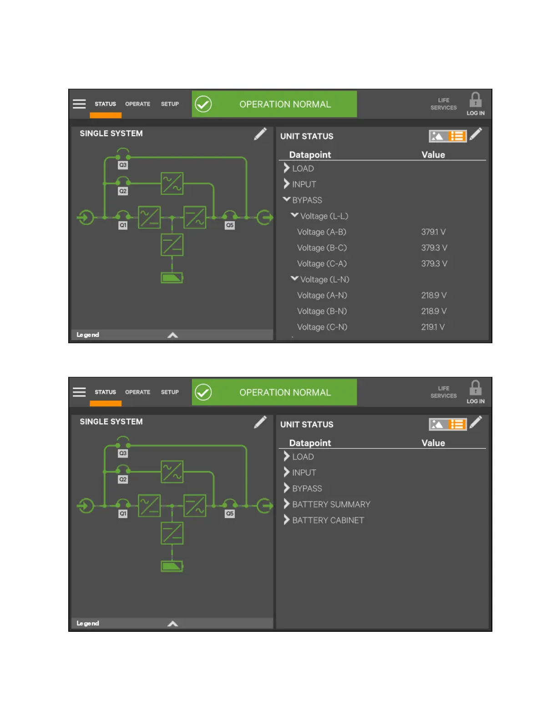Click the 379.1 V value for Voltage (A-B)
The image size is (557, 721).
click(433, 232)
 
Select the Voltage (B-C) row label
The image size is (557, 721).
click(322, 248)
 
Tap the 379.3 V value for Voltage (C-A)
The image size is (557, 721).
click(434, 264)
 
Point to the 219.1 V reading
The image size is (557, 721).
click(433, 327)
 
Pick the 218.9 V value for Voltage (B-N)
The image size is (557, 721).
click(434, 311)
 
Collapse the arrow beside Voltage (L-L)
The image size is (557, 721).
click(294, 215)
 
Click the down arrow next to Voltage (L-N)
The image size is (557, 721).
click(294, 279)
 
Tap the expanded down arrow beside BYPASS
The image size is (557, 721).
click(287, 199)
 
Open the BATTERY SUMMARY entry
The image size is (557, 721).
click(331, 504)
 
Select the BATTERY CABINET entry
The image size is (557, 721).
click(328, 520)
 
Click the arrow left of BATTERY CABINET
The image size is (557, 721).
click(287, 520)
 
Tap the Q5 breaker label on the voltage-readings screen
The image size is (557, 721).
click(230, 225)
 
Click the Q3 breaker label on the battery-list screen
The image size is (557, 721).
click(123, 453)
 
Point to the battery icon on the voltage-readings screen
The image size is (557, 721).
click(172, 278)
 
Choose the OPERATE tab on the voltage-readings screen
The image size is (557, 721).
click(137, 104)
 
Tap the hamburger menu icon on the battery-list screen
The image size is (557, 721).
click(79, 392)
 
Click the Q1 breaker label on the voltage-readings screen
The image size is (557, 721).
click(123, 225)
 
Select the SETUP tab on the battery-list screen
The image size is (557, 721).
click(170, 392)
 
